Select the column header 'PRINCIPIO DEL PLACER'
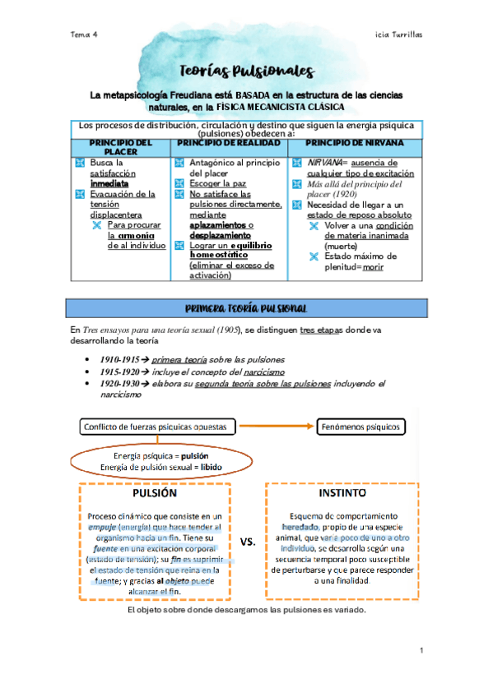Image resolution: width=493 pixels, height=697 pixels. tap(120, 147)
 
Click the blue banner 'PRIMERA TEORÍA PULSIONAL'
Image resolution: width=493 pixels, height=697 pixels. tap(246, 307)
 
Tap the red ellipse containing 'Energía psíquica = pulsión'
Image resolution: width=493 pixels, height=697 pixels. tap(160, 461)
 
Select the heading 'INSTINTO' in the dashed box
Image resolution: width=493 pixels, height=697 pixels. tap(342, 496)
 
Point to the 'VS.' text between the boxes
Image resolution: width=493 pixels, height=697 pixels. tap(248, 542)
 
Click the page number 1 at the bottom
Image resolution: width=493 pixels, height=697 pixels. tap(421, 652)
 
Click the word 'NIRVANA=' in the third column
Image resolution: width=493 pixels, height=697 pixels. tap(327, 163)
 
